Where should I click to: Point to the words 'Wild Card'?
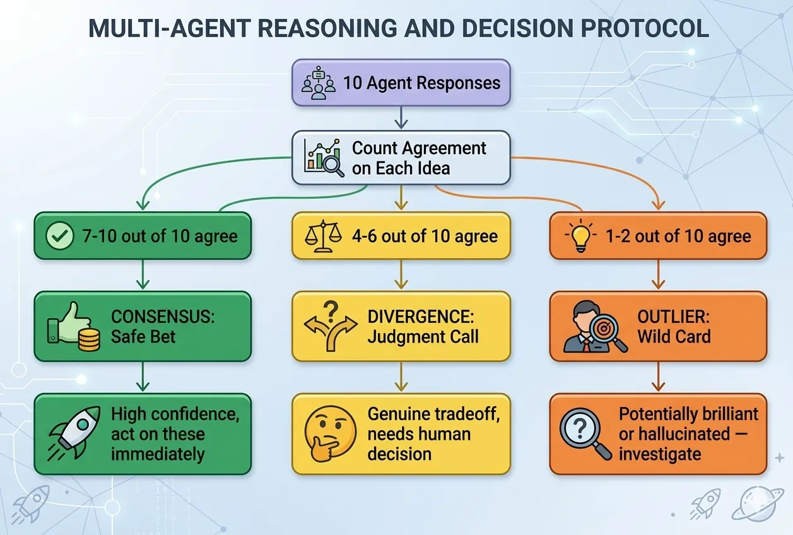point(674,337)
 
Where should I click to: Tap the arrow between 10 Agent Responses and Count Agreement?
point(401,117)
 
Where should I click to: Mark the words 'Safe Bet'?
point(143,337)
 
